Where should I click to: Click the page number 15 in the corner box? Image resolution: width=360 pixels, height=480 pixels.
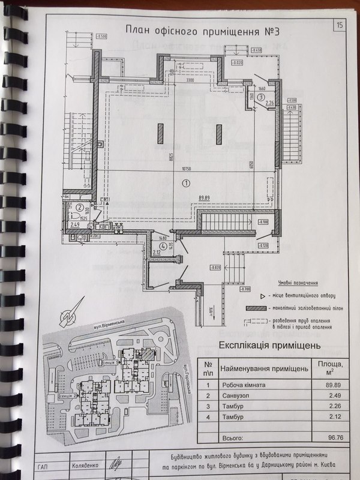[340, 25]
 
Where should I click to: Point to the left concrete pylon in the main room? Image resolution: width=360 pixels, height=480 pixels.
[160, 133]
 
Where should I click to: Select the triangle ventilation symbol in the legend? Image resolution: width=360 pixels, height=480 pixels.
[263, 296]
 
